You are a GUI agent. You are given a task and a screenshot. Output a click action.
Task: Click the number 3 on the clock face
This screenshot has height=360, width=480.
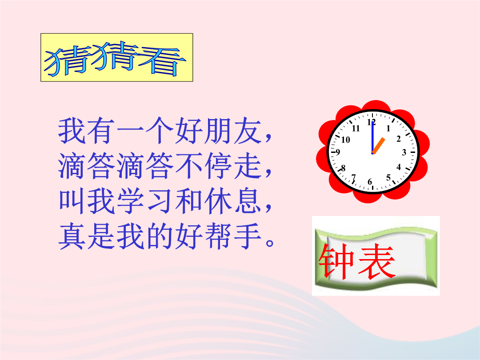[404, 152]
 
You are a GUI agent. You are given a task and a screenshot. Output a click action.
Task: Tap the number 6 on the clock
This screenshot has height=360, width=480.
[370, 182]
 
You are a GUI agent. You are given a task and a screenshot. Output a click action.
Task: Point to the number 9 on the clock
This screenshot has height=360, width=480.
[338, 152]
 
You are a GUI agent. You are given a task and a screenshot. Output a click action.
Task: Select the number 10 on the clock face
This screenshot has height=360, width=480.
[346, 140]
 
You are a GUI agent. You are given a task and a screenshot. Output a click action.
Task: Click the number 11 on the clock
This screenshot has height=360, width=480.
[356, 128]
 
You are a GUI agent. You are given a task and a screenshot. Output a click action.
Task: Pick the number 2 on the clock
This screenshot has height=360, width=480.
[399, 139]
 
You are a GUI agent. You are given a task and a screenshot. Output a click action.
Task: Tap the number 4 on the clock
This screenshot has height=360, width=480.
[399, 167]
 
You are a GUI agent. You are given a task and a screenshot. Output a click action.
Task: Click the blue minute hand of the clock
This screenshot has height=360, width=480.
[372, 137]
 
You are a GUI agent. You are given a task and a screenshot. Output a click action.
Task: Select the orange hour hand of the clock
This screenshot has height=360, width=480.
[378, 146]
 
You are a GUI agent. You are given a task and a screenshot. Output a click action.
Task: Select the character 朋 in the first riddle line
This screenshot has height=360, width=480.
[218, 131]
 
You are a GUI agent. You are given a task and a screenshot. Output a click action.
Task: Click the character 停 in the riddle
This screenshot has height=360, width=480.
[218, 166]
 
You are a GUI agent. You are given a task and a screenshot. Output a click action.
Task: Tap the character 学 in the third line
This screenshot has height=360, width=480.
[130, 201]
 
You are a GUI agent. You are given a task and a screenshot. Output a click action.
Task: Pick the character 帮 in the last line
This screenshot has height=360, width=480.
[218, 236]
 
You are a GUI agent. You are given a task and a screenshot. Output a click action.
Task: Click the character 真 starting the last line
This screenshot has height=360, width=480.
[72, 236]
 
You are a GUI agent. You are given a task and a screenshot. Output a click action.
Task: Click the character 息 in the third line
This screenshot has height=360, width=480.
[248, 201]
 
